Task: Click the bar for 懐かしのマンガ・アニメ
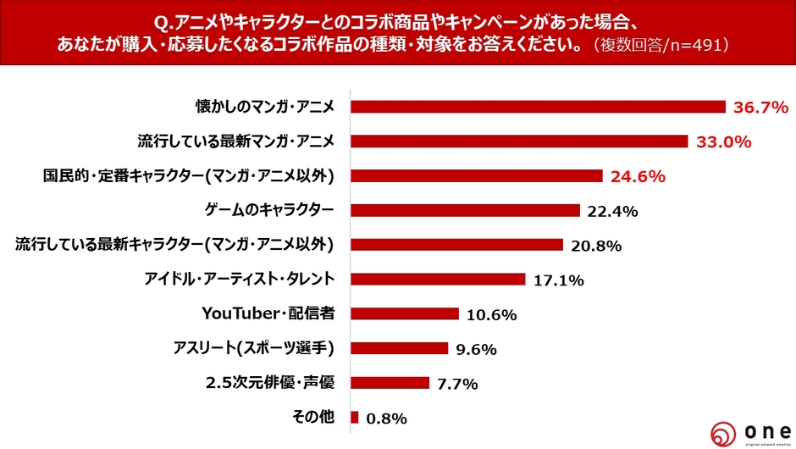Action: pyautogui.click(x=538, y=107)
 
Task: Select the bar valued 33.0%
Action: pyautogui.click(x=519, y=141)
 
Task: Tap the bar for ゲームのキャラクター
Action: pyautogui.click(x=465, y=210)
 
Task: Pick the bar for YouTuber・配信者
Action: pyautogui.click(x=404, y=313)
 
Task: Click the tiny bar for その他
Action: pyautogui.click(x=355, y=417)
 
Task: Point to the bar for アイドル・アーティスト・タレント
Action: pyautogui.click(x=438, y=279)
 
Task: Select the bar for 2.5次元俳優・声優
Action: pyautogui.click(x=390, y=382)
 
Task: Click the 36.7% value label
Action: pyautogui.click(x=760, y=108)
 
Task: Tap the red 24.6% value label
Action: pyautogui.click(x=638, y=177)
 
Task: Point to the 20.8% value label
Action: pyautogui.click(x=596, y=246)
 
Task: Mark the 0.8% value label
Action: pyautogui.click(x=388, y=418)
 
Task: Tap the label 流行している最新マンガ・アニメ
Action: pyautogui.click(x=236, y=141)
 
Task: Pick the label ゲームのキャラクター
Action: pyautogui.click(x=269, y=209)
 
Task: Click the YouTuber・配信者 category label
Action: pyautogui.click(x=268, y=313)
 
